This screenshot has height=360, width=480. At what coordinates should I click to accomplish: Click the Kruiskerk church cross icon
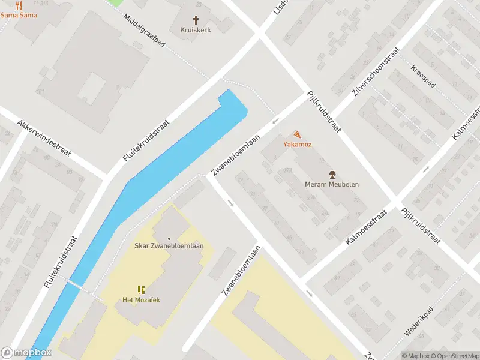tap(196, 19)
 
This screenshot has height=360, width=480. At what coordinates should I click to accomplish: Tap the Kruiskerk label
tap(196, 29)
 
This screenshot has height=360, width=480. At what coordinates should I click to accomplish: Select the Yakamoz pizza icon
tap(297, 135)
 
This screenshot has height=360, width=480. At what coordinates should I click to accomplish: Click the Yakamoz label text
tap(297, 145)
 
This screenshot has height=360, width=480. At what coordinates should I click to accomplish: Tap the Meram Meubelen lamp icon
tap(332, 175)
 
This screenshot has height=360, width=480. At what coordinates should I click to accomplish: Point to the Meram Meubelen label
tap(332, 184)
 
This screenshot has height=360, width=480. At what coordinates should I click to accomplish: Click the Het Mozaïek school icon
tap(141, 290)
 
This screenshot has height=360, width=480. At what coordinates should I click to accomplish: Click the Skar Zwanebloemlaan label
tap(169, 246)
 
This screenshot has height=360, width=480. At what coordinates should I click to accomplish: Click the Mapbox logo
tap(26, 353)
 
